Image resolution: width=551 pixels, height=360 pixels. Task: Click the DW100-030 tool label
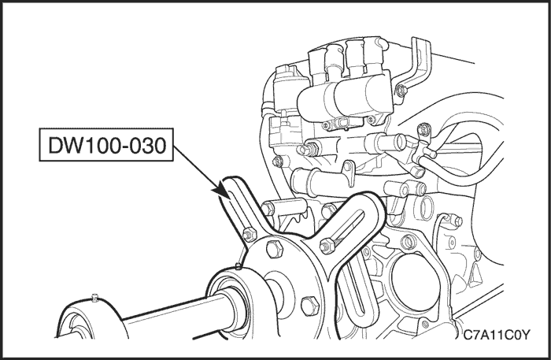pos(106,145)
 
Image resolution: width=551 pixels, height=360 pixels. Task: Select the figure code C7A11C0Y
pos(495,335)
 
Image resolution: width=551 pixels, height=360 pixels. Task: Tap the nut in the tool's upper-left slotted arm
pos(250,234)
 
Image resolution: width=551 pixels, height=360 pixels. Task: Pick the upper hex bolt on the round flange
pos(275,249)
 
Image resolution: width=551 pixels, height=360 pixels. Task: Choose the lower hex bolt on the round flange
pos(310,306)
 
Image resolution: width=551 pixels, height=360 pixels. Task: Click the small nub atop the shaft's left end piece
pos(94,298)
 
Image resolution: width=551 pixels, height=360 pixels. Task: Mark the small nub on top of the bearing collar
pos(239,266)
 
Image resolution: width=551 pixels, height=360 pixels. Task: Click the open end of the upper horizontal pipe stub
pos(401,142)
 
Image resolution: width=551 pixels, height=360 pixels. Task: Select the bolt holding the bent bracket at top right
pos(401,91)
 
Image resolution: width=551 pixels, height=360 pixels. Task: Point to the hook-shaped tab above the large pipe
pos(349,173)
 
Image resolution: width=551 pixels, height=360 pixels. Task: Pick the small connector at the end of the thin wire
pos(453,221)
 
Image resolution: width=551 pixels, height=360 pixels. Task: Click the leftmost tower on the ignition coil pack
pos(318,65)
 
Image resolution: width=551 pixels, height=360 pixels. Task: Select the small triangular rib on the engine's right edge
pos(475,275)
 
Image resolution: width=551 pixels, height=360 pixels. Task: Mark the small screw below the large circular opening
pos(426,324)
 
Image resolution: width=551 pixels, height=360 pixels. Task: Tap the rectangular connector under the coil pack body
pos(343,122)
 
